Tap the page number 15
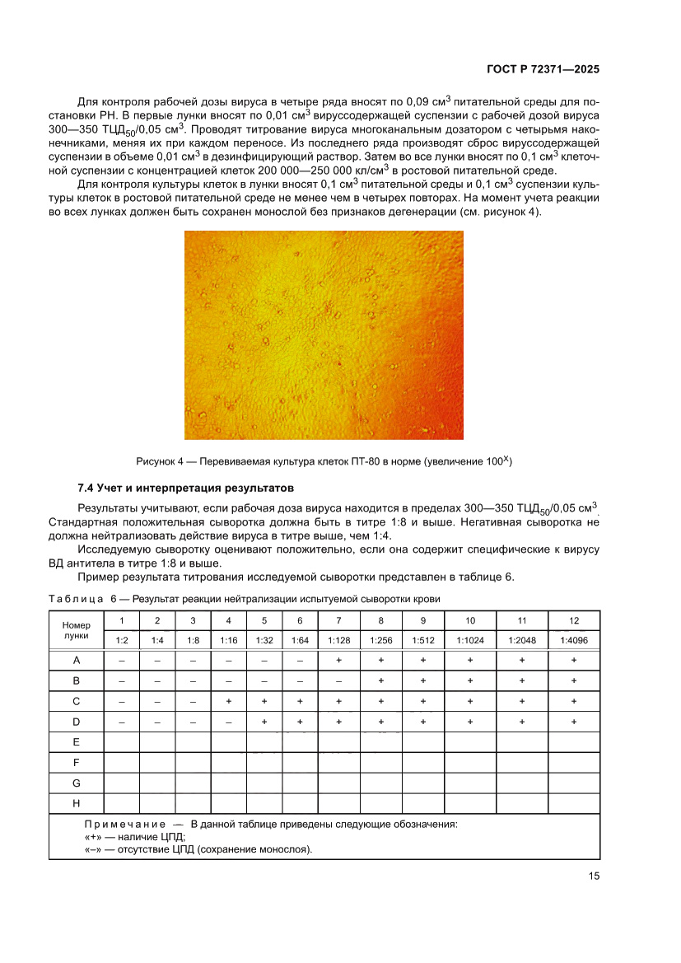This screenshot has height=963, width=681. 593,877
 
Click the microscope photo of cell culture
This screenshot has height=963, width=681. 324,334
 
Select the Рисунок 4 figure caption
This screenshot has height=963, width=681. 324,460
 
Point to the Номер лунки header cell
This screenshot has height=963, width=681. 76,630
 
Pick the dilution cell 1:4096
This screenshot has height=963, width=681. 573,640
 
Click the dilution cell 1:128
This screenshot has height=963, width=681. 339,640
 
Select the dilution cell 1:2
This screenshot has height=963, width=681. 121,640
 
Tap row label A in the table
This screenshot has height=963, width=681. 76,661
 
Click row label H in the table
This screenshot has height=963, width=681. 76,803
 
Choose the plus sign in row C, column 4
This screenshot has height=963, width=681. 228,701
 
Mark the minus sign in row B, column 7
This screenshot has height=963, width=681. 339,681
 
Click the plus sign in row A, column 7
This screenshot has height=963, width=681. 339,661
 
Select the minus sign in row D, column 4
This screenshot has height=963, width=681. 228,722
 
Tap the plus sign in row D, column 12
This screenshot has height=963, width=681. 573,722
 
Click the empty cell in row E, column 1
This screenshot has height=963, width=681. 121,742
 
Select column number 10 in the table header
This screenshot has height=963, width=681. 469,620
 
